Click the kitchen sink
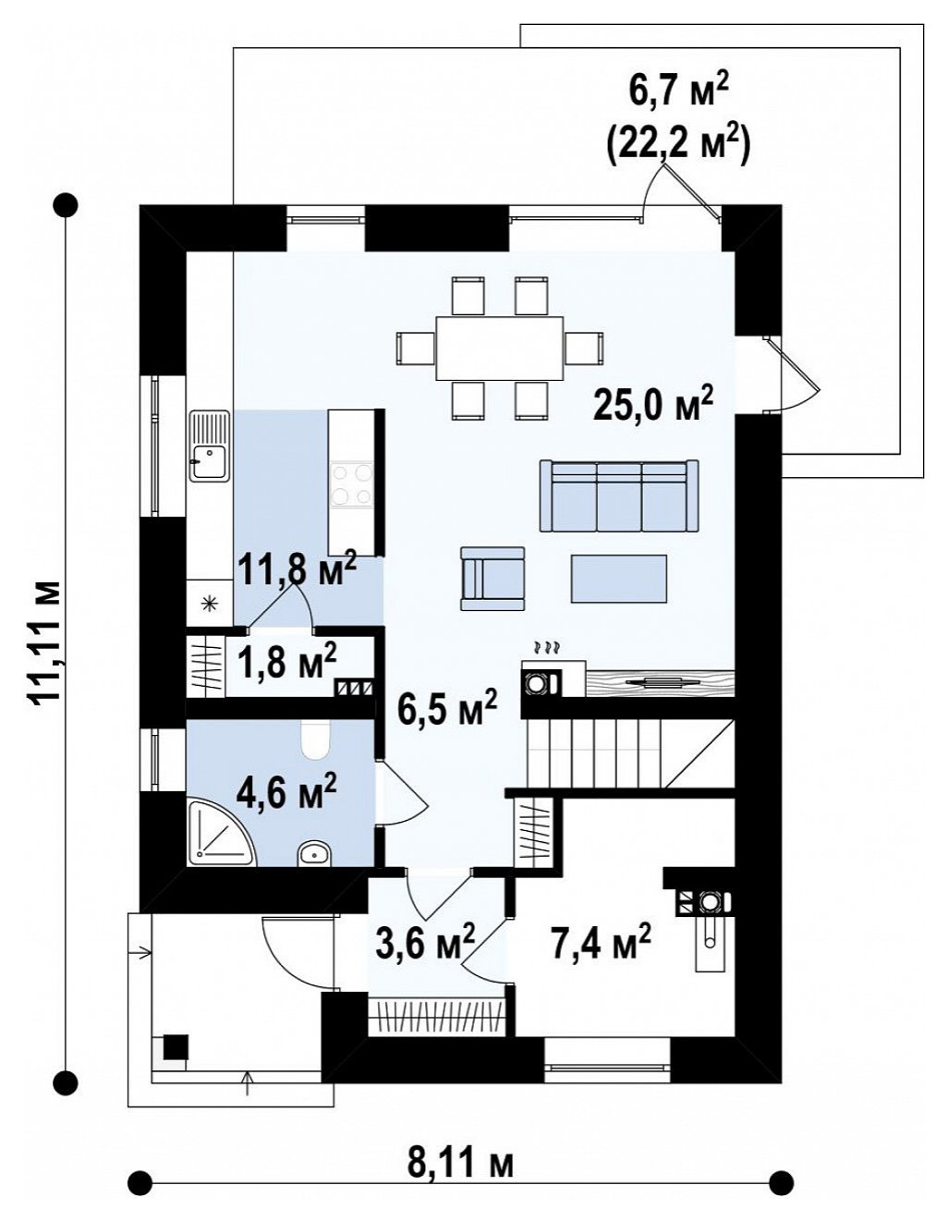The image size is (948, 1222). tap(210, 446)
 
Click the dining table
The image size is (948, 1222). tap(500, 348)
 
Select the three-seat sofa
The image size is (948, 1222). tap(619, 495)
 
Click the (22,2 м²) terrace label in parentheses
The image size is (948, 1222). tap(678, 145)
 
